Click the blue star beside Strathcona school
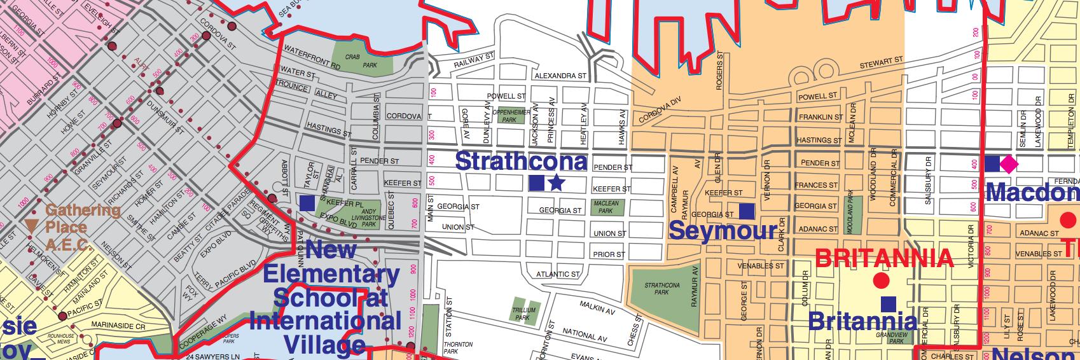pos(557,183)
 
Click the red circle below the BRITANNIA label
pos(880,280)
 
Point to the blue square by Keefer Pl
pos(307,203)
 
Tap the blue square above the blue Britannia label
pos(888,304)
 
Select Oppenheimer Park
pos(509,116)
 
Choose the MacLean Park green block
pos(606,207)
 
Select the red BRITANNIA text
pos(884,258)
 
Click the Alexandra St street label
pos(560,76)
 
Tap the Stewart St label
pos(882,63)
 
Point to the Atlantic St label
pos(557,275)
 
